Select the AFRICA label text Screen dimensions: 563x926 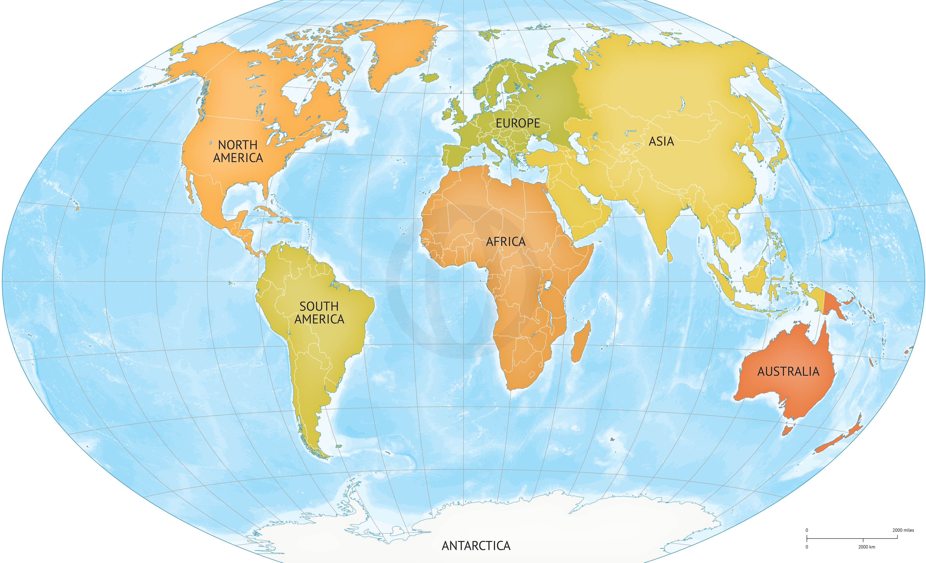pos(506,242)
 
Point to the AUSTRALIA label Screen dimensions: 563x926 pos(788,372)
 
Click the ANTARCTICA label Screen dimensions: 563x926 pos(476,545)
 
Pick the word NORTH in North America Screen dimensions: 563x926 pos(238,145)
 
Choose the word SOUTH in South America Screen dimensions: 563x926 pos(319,306)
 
